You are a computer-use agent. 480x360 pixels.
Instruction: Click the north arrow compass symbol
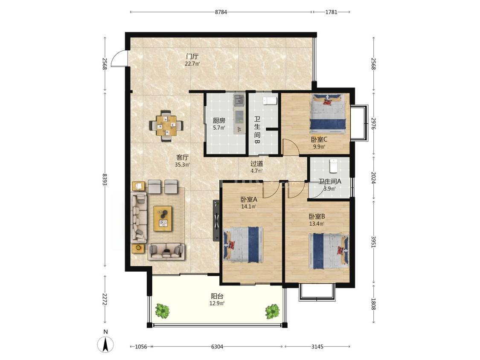[105, 344]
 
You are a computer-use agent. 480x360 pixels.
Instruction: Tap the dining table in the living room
[166, 125]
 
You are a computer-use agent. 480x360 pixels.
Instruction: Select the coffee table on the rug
[163, 218]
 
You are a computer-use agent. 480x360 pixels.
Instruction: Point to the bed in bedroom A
[243, 244]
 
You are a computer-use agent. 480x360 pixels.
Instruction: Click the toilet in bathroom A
[333, 165]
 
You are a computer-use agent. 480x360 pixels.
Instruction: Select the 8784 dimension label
[221, 12]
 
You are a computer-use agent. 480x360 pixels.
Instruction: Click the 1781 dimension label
[331, 12]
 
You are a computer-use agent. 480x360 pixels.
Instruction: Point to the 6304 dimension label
[217, 347]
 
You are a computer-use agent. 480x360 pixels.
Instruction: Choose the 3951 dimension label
[373, 241]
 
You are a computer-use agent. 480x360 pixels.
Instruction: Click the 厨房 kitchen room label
[219, 120]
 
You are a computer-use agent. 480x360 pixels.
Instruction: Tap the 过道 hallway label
[256, 164]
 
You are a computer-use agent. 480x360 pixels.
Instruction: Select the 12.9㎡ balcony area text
[217, 303]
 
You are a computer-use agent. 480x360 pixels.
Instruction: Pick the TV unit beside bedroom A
[216, 221]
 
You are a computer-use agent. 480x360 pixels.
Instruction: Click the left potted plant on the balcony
[162, 311]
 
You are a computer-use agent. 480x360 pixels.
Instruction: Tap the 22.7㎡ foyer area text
[192, 64]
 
